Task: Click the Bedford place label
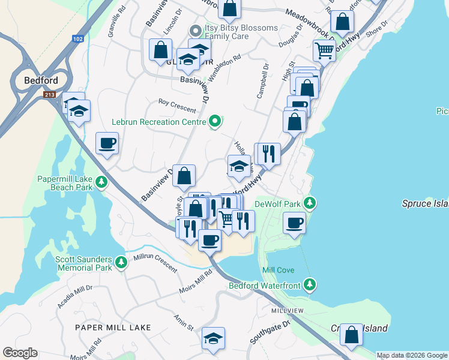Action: (41, 80)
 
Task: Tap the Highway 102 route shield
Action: (77, 38)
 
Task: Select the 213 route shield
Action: (50, 95)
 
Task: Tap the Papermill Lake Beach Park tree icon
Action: (102, 182)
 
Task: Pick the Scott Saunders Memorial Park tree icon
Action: (121, 262)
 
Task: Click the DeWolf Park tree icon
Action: (310, 203)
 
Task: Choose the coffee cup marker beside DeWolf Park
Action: (294, 223)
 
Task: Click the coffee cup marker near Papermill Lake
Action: (107, 143)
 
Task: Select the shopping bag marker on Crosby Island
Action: (351, 334)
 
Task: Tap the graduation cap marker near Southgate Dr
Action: (213, 338)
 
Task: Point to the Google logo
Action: (20, 353)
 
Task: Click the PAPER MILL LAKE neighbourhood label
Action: (113, 328)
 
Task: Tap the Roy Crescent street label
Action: (176, 106)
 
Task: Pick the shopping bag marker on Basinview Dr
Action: (184, 175)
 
